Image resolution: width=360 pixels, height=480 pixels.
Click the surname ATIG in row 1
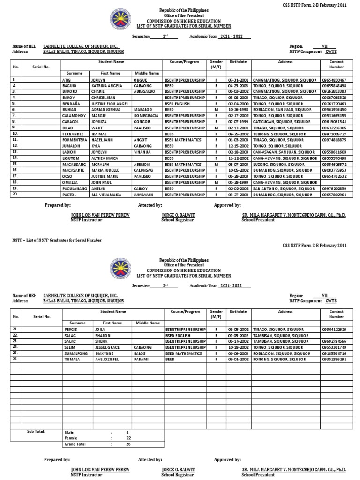click(66, 80)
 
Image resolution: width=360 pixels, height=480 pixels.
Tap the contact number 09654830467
click(334, 80)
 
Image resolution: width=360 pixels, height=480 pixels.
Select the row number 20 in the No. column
click(15, 194)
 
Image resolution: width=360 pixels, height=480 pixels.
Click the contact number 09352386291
click(334, 359)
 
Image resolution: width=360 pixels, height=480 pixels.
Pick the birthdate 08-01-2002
click(237, 359)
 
